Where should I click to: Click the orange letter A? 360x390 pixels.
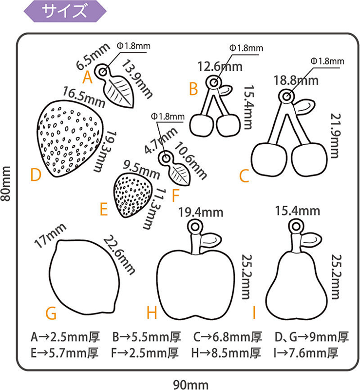(x=88, y=77)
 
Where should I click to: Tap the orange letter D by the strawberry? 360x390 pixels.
(x=36, y=175)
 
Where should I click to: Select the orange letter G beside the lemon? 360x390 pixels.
(x=51, y=313)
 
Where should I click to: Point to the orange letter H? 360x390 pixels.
(x=152, y=313)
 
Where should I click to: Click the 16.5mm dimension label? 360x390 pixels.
(x=84, y=97)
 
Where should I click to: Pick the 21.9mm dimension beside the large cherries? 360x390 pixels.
(x=335, y=136)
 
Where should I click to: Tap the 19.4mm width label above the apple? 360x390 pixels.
(x=201, y=213)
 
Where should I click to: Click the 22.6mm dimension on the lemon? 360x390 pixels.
(x=119, y=255)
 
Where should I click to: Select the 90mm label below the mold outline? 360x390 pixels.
(x=190, y=385)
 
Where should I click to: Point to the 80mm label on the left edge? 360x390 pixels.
(x=5, y=184)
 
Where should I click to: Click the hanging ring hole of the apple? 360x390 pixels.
(x=195, y=227)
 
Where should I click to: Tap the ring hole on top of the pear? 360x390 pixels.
(x=296, y=226)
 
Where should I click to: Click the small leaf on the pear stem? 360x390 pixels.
(x=311, y=240)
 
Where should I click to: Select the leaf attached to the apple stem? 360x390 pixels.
(x=211, y=240)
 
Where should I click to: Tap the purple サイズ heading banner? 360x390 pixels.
(x=65, y=11)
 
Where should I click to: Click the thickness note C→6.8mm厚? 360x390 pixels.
(x=227, y=337)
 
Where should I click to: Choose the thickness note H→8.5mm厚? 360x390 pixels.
(x=226, y=353)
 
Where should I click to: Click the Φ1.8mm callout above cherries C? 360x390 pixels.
(x=327, y=61)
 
